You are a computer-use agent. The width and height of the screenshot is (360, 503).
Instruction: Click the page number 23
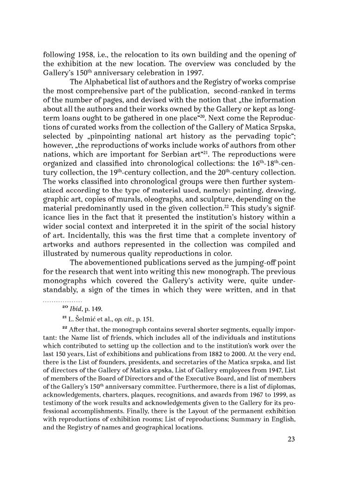(x=292, y=439)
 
